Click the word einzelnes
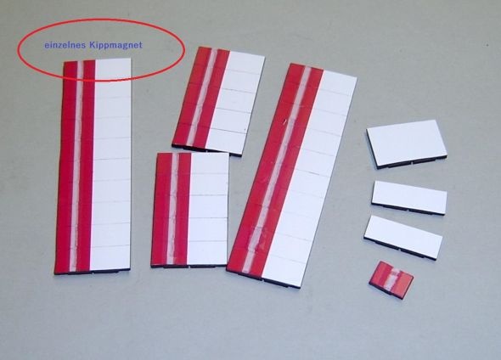pyautogui.click(x=65, y=45)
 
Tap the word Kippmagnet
pyautogui.click(x=115, y=45)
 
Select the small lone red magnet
pyautogui.click(x=391, y=280)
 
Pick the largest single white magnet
pyautogui.click(x=407, y=143)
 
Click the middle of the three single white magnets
pyautogui.click(x=409, y=197)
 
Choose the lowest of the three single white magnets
pyautogui.click(x=403, y=237)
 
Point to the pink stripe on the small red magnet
pyautogui.click(x=391, y=279)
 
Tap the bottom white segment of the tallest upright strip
pyautogui.click(x=110, y=257)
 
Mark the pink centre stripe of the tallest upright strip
pyautogui.click(x=76, y=166)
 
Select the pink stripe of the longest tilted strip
pyautogui.click(x=278, y=169)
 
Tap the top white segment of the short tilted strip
pyautogui.click(x=246, y=63)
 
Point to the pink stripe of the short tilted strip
pyautogui.click(x=201, y=98)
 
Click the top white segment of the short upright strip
pyautogui.click(x=210, y=164)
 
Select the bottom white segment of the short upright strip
pyautogui.click(x=207, y=253)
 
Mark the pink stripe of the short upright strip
pyautogui.click(x=172, y=209)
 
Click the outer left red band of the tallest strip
pyautogui.click(x=64, y=166)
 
